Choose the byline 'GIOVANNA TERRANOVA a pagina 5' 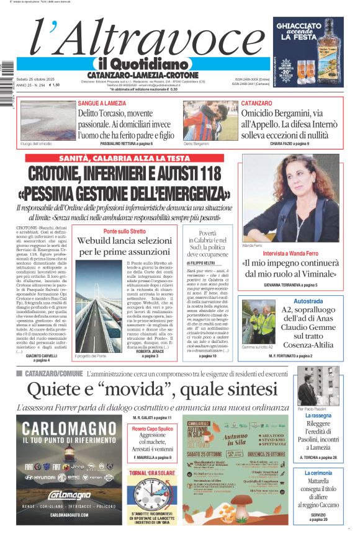(290, 285)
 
